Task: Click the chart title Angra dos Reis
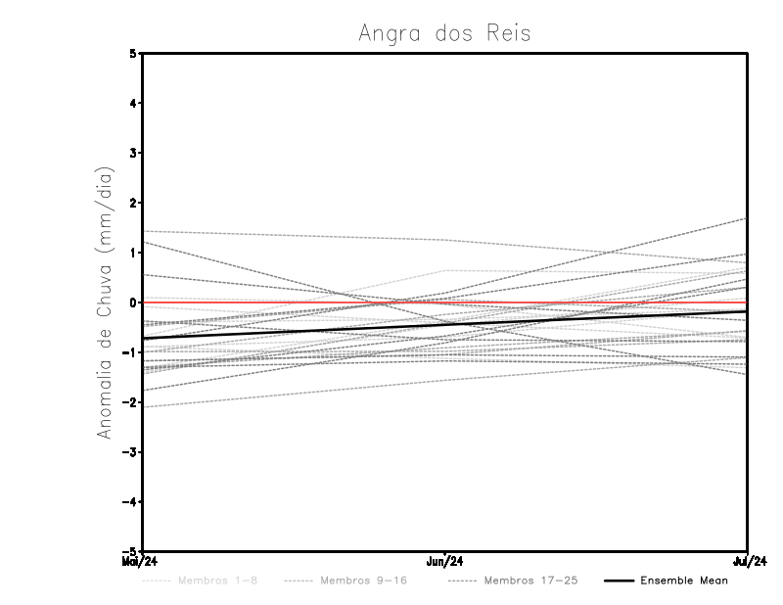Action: pos(445,33)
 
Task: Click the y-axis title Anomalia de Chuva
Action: pos(106,302)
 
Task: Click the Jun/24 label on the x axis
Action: pos(445,561)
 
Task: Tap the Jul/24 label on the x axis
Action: pos(749,561)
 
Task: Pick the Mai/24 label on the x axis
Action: pos(140,561)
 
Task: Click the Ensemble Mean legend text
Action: pos(683,581)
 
